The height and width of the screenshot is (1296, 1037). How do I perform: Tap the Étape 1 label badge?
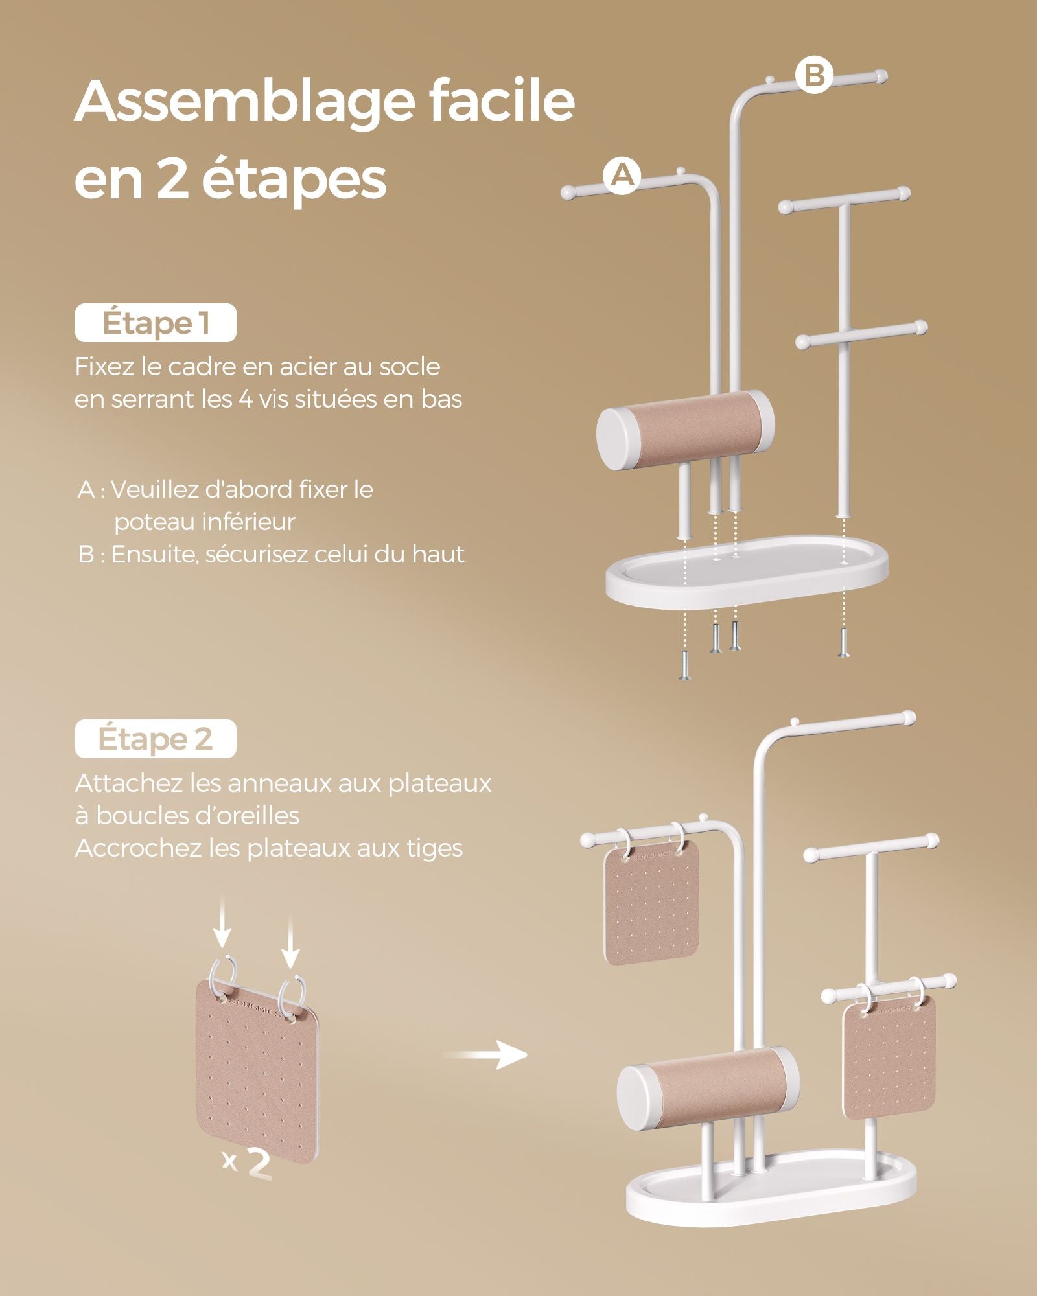(156, 323)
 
